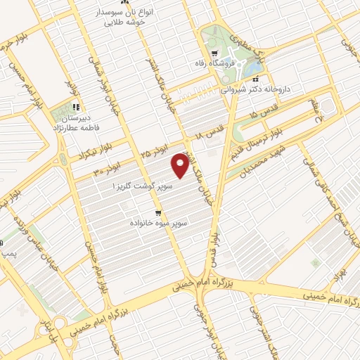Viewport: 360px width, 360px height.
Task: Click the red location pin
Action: coord(181,166)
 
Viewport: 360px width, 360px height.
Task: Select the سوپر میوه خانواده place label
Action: coord(157,222)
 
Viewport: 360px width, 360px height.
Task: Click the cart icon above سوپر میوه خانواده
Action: coord(160,212)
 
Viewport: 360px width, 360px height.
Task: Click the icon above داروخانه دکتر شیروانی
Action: coord(255,79)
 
